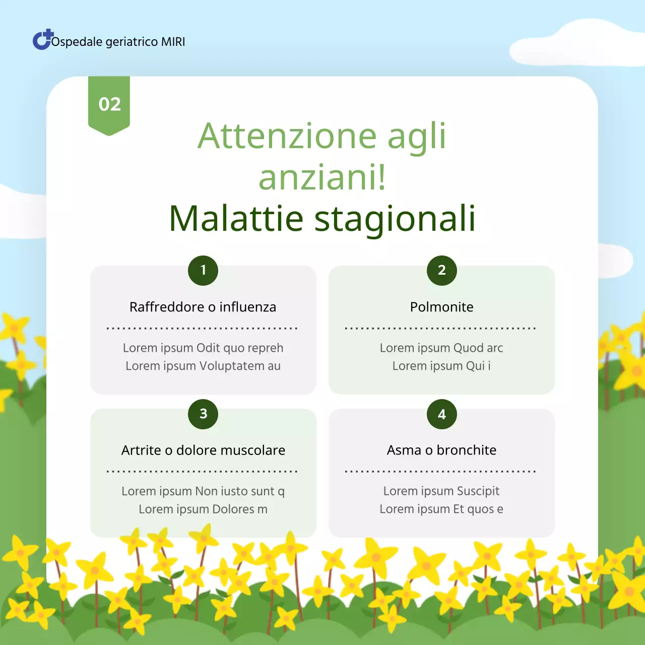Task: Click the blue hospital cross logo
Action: click(42, 40)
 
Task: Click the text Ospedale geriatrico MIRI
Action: click(118, 42)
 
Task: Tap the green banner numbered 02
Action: click(109, 104)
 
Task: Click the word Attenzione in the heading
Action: click(287, 136)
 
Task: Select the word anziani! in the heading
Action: click(322, 177)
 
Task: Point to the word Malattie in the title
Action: click(236, 219)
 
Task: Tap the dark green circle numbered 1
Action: click(203, 271)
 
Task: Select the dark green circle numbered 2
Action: click(441, 271)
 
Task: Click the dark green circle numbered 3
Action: click(203, 414)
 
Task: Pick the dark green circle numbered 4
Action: click(441, 414)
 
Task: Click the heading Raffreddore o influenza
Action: click(203, 307)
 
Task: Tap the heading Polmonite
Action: click(441, 307)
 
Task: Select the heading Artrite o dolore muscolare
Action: click(203, 450)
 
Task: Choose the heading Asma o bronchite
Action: click(441, 450)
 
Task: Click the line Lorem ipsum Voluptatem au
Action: click(203, 366)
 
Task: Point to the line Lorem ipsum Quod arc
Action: click(441, 348)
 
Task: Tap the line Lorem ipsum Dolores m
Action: click(203, 509)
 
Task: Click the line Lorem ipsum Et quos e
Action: click(441, 509)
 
